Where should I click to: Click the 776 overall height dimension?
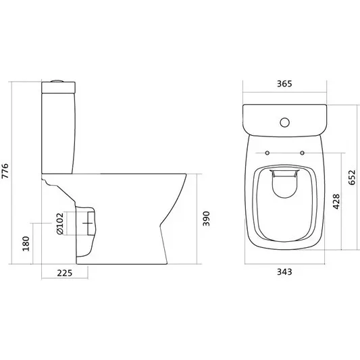point(5,171)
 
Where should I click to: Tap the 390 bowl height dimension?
point(206,219)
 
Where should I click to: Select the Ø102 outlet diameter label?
point(59,224)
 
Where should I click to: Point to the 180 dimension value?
point(26,244)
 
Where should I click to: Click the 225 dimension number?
point(65,273)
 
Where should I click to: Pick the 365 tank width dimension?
point(284,84)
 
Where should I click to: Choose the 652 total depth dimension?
point(352,178)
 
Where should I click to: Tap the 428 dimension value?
point(336,201)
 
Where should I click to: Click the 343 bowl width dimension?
point(284,272)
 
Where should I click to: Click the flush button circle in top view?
point(285,123)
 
